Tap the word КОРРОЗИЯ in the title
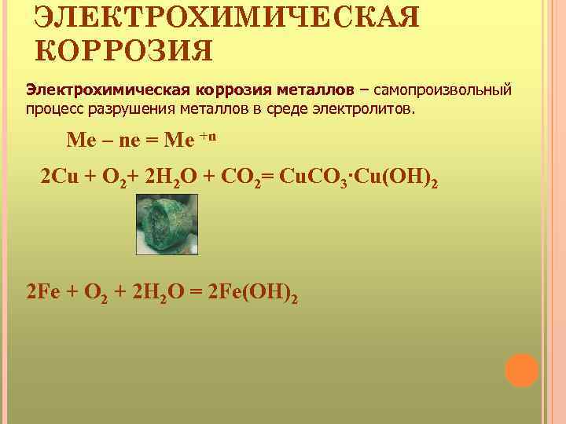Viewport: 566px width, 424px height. point(124,52)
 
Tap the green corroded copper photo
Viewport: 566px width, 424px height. point(164,225)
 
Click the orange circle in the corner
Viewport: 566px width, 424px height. point(521,369)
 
